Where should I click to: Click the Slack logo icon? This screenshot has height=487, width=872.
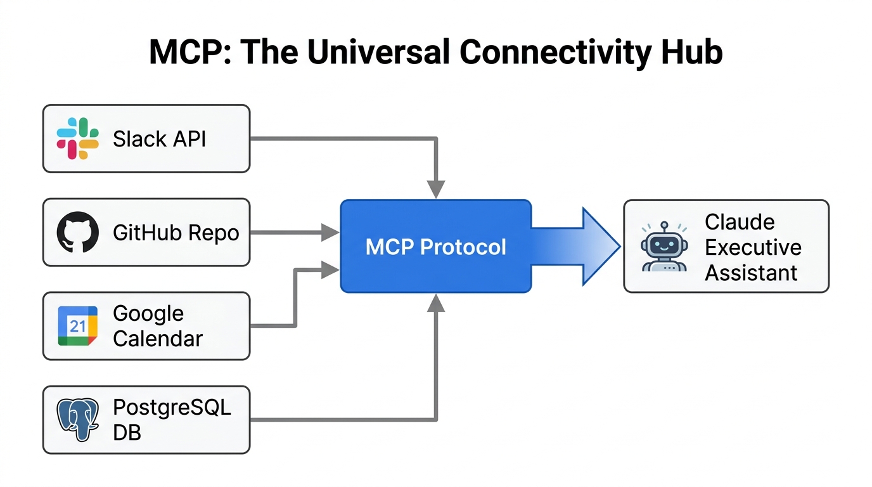pyautogui.click(x=77, y=138)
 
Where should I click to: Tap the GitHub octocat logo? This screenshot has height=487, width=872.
pyautogui.click(x=77, y=232)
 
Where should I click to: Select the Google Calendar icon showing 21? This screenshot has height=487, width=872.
pyautogui.click(x=77, y=326)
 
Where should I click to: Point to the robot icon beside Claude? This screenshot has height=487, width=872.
pyautogui.click(x=663, y=247)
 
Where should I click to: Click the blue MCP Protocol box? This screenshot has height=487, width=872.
pyautogui.click(x=436, y=246)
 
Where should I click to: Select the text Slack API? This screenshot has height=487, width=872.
pyautogui.click(x=159, y=139)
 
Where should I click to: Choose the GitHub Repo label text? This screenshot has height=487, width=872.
pyautogui.click(x=176, y=233)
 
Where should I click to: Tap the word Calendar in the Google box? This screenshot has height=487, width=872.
pyautogui.click(x=157, y=339)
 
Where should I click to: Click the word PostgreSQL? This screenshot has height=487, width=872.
pyautogui.click(x=172, y=407)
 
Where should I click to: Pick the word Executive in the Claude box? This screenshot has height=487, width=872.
pyautogui.click(x=753, y=247)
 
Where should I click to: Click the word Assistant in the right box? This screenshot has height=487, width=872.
pyautogui.click(x=751, y=273)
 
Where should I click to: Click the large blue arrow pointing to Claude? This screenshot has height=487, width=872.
pyautogui.click(x=577, y=246)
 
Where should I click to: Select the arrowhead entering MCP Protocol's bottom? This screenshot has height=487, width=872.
pyautogui.click(x=436, y=303)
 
